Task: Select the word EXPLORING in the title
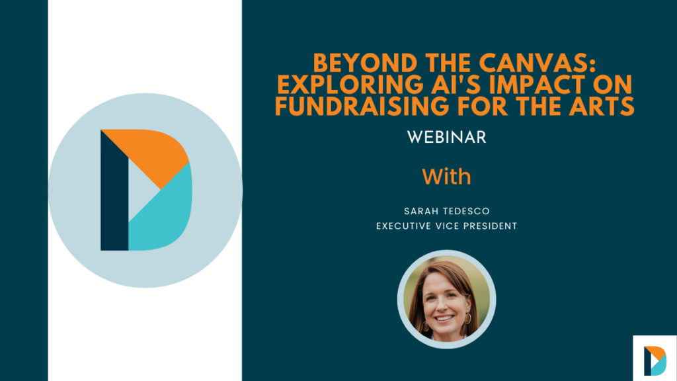(350, 85)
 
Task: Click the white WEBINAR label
(446, 138)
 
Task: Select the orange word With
(446, 177)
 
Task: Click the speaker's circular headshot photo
(446, 299)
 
